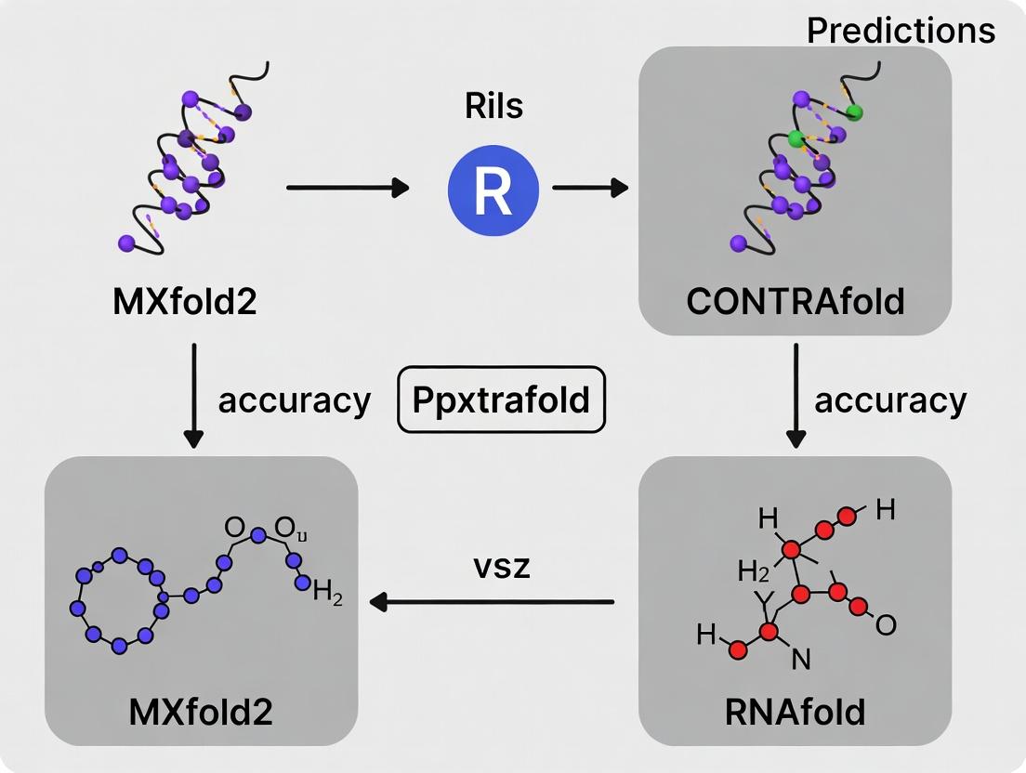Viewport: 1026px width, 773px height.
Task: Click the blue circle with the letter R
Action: [x=493, y=190]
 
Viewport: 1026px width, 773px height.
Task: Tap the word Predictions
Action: [x=901, y=31]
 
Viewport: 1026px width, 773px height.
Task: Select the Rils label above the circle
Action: [x=493, y=106]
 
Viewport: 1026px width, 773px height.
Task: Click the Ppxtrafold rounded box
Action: [x=501, y=400]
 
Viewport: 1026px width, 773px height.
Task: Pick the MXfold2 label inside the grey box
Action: [x=201, y=712]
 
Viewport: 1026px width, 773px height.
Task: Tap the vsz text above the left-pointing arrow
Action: [x=499, y=566]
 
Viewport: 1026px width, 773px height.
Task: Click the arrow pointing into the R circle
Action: [x=348, y=188]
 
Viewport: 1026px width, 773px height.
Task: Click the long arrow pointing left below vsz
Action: [x=492, y=602]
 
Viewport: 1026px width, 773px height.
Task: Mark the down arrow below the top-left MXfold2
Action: [x=193, y=395]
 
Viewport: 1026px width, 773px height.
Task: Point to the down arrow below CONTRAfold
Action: [x=796, y=395]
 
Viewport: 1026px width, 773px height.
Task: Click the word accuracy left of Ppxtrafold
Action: [x=294, y=400]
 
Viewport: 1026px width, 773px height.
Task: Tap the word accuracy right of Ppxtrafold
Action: [x=890, y=400]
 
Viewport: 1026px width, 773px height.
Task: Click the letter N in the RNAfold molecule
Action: [x=800, y=660]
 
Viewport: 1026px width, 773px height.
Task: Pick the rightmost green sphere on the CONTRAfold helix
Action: [x=855, y=112]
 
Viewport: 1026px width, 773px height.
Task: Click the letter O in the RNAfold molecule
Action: [x=886, y=625]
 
